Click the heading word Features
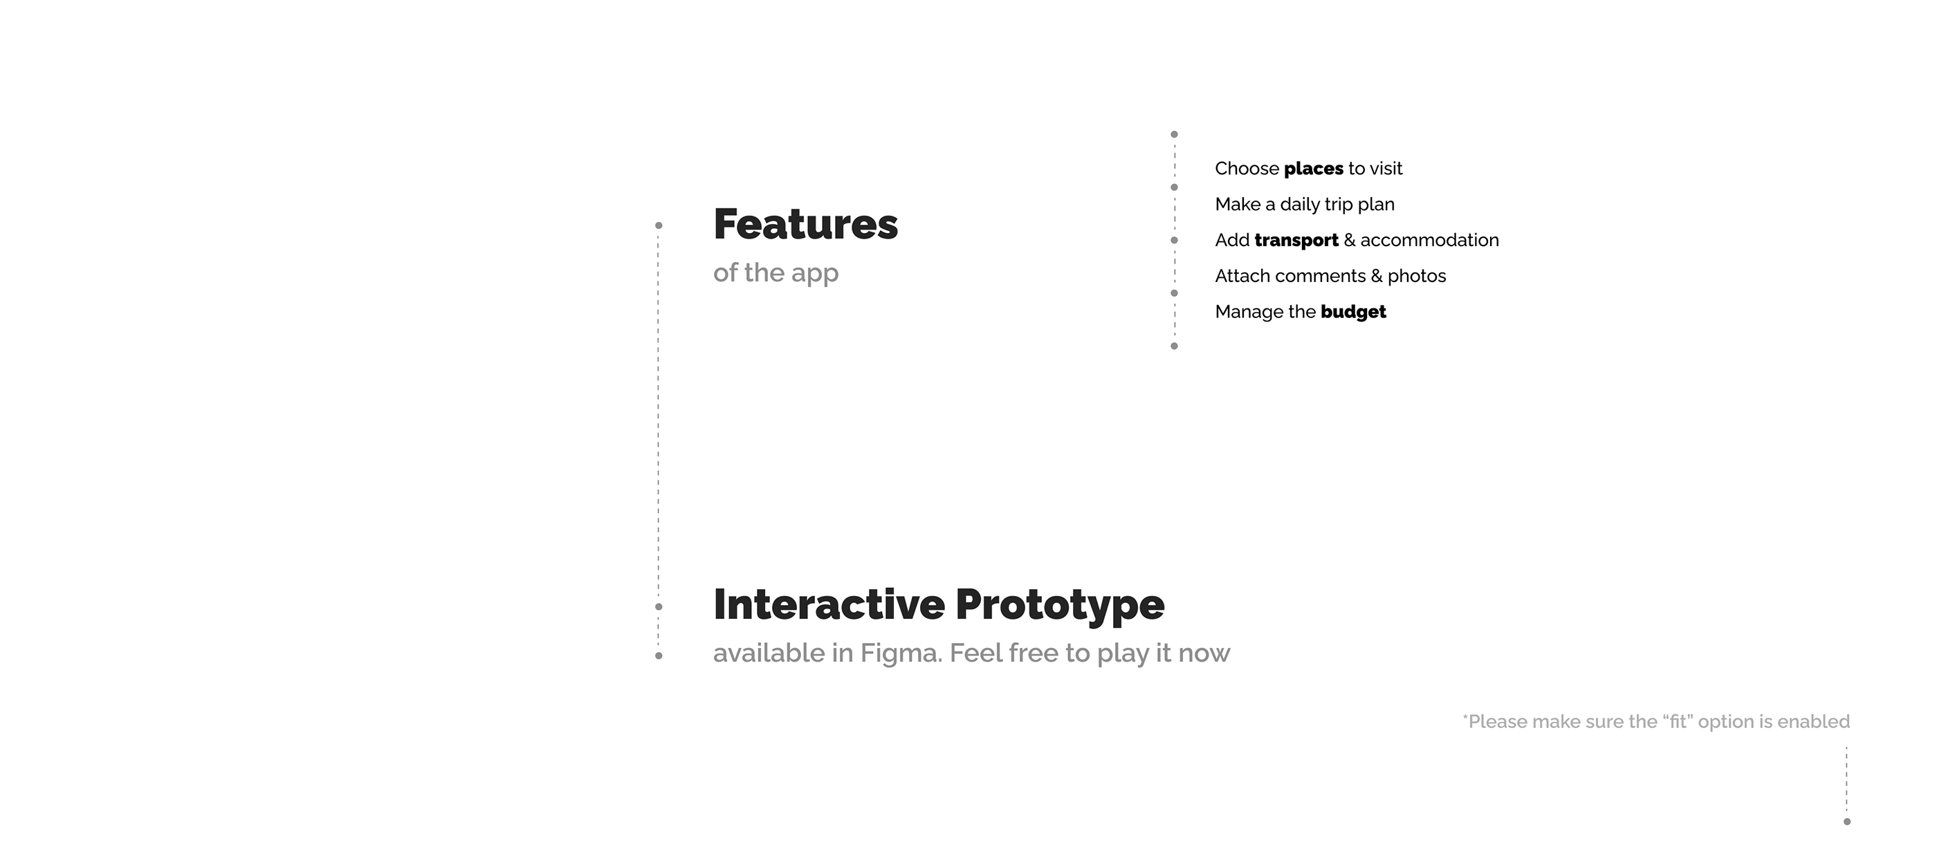click(805, 224)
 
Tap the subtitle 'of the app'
click(775, 273)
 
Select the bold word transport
click(1296, 241)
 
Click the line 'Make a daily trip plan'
click(1305, 205)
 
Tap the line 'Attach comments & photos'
click(1330, 276)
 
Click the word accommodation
click(1429, 241)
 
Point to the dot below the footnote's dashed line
click(1847, 821)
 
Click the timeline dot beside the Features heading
click(659, 225)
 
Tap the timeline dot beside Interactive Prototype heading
click(659, 606)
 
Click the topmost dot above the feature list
click(1175, 135)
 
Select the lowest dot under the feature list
click(1175, 346)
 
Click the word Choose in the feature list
click(1247, 168)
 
